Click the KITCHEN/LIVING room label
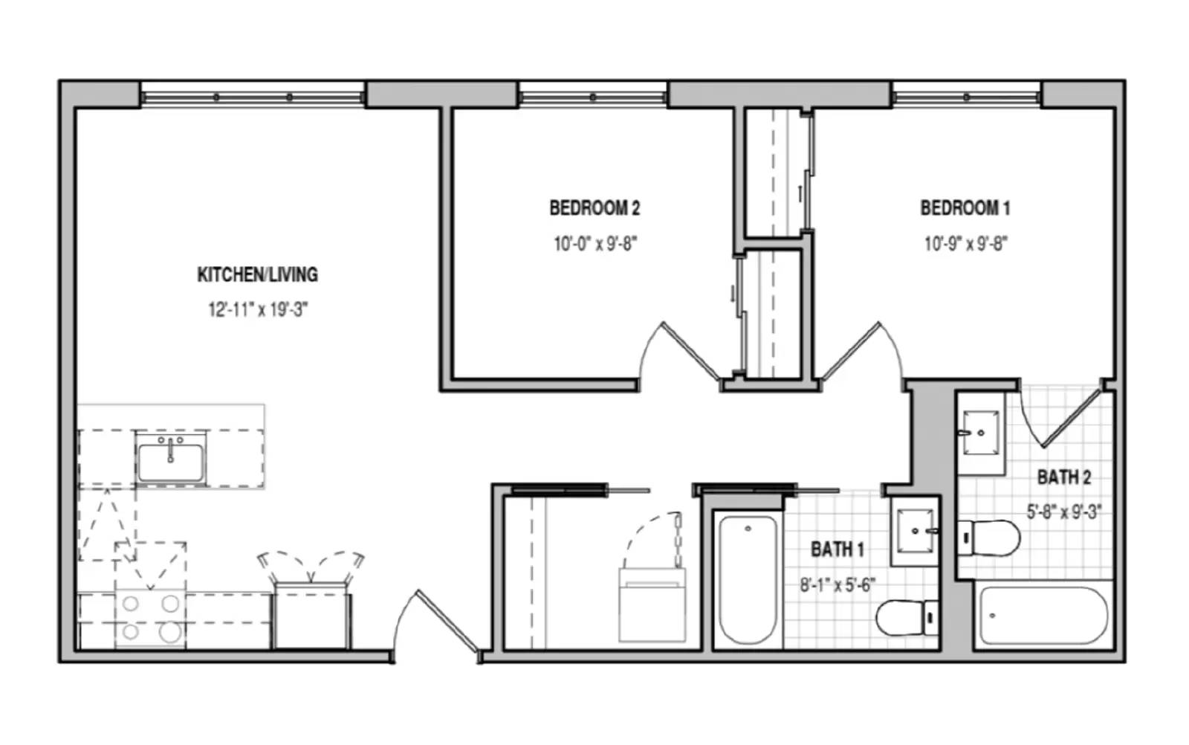(257, 274)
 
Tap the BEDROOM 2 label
(594, 207)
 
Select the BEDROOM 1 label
(965, 207)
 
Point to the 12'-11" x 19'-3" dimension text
(258, 309)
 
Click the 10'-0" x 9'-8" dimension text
(595, 244)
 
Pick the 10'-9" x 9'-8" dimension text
(965, 244)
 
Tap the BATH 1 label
(837, 549)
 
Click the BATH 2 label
(1063, 477)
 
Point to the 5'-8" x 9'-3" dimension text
(1063, 512)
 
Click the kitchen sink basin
(170, 462)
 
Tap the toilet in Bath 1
(907, 618)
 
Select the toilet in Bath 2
(989, 538)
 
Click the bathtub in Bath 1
(748, 579)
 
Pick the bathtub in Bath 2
(1043, 616)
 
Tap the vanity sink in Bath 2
(980, 433)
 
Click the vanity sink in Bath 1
(916, 530)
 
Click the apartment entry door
(436, 627)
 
